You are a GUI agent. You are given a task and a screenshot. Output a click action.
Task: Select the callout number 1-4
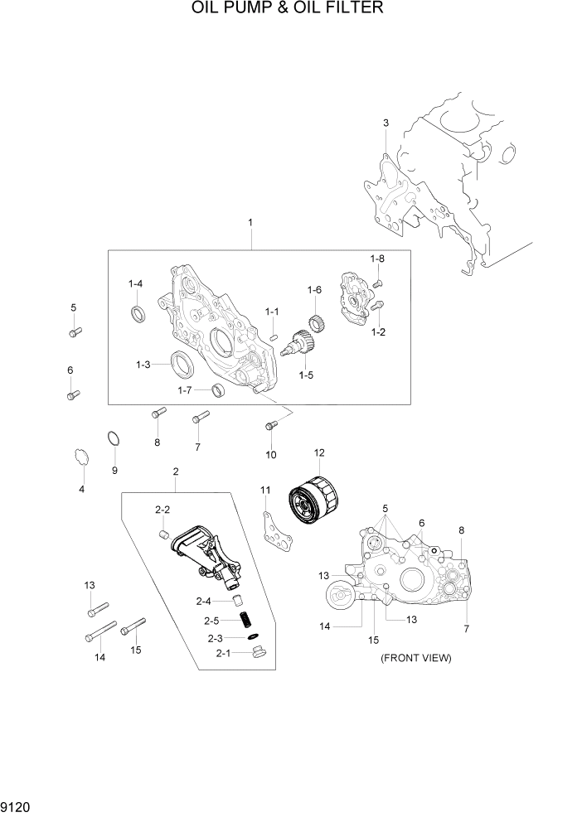pos(135,284)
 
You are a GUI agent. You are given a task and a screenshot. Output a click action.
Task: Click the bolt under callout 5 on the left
pos(74,332)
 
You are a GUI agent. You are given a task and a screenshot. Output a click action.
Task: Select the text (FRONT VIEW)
pos(415,658)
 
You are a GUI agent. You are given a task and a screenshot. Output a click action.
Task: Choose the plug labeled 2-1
pos(258,655)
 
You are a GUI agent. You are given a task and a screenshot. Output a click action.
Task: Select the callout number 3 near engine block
pos(386,123)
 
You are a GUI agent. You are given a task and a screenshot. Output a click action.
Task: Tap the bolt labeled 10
pos(270,426)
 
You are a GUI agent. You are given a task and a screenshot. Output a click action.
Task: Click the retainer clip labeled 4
pos(80,457)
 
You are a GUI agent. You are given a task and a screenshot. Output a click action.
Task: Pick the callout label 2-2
pos(162,509)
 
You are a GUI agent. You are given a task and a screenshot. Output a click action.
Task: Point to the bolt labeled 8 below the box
pos(158,412)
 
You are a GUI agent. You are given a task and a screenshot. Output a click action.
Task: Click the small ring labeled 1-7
pos(218,390)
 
